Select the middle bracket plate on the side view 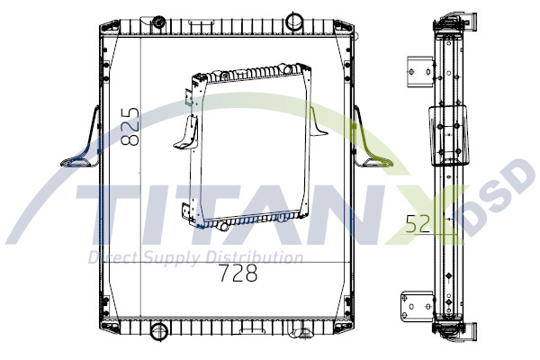pyautogui.click(x=447, y=135)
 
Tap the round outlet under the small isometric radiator pyautogui.click(x=221, y=226)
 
